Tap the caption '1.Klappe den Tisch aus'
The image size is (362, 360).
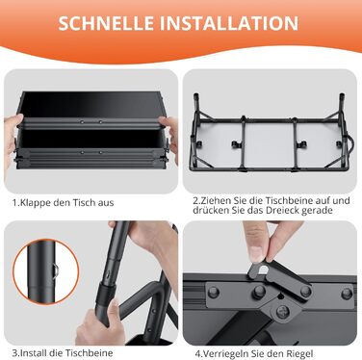[x=63, y=203]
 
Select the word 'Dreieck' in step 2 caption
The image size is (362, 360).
[x=288, y=211]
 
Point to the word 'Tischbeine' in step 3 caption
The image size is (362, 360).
[x=90, y=353]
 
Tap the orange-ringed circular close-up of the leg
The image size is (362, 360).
[x=45, y=271]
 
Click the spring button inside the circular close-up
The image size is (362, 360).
[x=55, y=270]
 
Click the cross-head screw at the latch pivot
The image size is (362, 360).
[x=283, y=312]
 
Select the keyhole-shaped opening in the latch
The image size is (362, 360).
[x=264, y=269]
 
